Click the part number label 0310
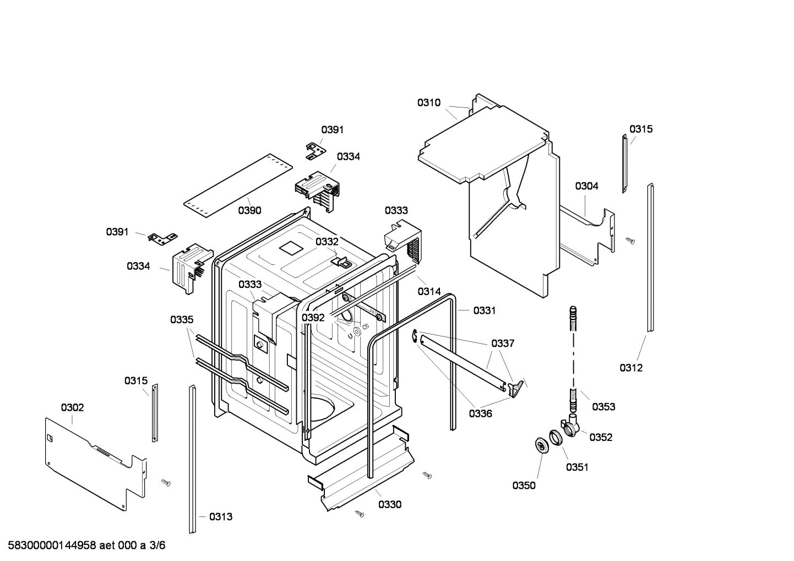[x=428, y=102]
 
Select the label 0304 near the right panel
[x=586, y=186]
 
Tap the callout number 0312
[x=630, y=368]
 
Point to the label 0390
[x=249, y=210]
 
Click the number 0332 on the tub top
[x=327, y=242]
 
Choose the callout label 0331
[x=484, y=311]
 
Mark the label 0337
[x=503, y=344]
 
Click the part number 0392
[x=313, y=318]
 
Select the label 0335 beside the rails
[x=182, y=319]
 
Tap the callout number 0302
[x=72, y=407]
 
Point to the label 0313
[x=221, y=516]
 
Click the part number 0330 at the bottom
[x=389, y=504]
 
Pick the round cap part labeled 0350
[x=542, y=445]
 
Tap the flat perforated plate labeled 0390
[x=237, y=179]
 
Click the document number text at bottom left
[x=83, y=546]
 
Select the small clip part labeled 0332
[x=341, y=261]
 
